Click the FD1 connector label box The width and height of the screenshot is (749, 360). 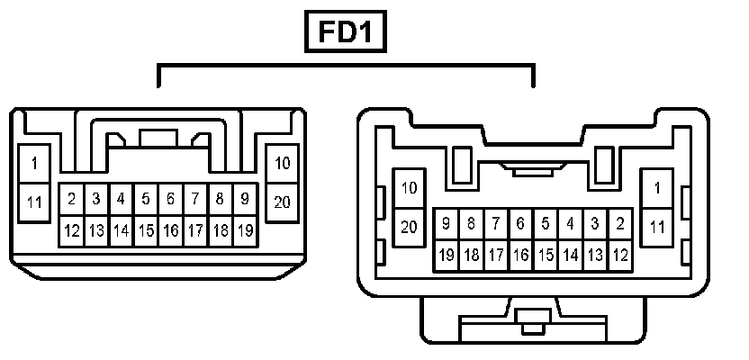click(346, 33)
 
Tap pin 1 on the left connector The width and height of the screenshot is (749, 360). click(34, 164)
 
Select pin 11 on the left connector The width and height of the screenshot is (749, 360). click(34, 202)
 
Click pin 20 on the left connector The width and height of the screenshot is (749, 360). click(282, 202)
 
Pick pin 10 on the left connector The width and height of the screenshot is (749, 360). click(282, 164)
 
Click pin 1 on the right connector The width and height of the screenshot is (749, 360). click(657, 188)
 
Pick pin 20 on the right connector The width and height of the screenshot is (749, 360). click(410, 227)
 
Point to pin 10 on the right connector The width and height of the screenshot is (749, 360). click(410, 188)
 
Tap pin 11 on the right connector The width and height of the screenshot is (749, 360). click(657, 227)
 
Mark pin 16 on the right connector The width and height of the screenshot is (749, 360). click(520, 255)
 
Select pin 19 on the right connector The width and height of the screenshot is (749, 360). click(446, 255)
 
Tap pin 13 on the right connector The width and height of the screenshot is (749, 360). click(595, 255)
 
